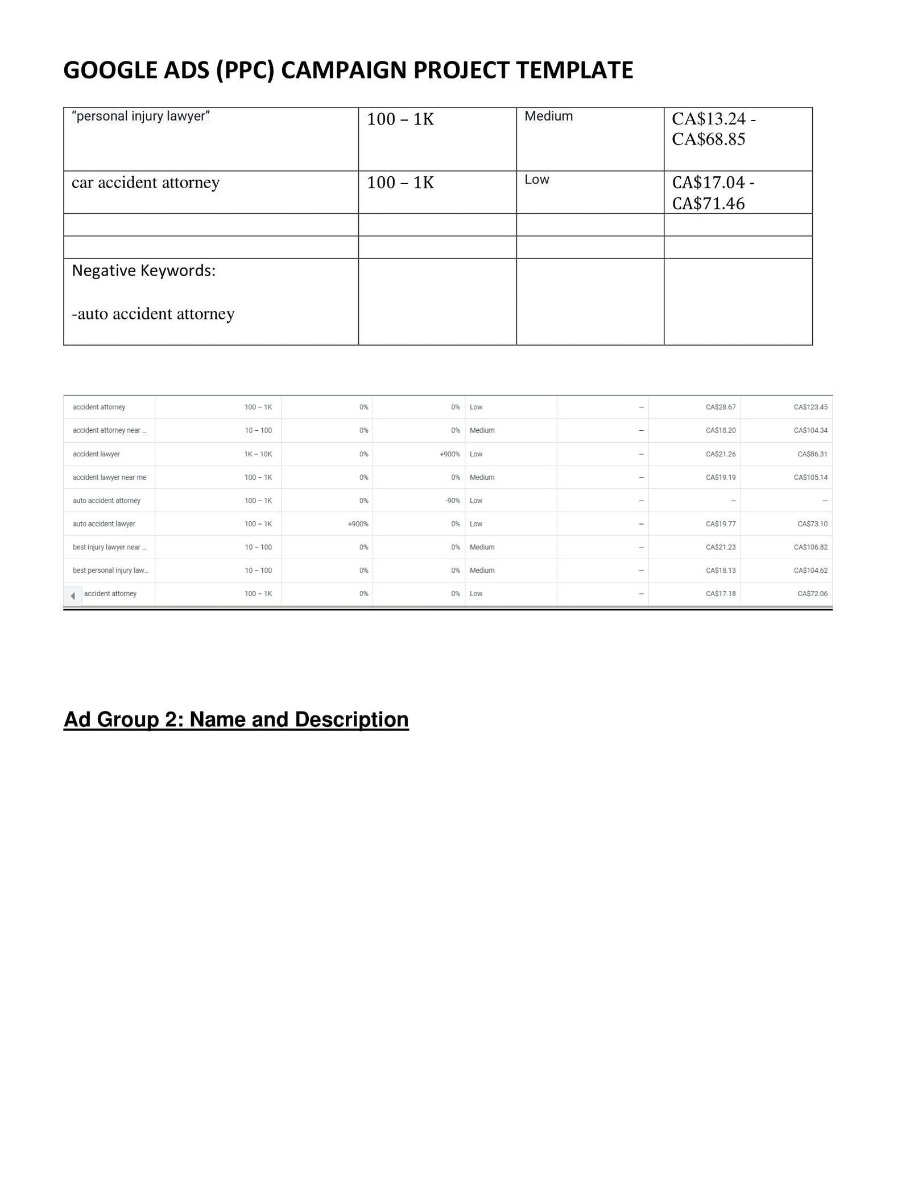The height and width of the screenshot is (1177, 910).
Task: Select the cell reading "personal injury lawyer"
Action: click(x=141, y=117)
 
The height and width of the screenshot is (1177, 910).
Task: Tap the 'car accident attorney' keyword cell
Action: click(x=146, y=182)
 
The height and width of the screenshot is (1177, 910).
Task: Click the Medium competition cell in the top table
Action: click(x=548, y=117)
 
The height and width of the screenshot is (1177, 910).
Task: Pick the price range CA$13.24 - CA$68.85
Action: click(x=713, y=129)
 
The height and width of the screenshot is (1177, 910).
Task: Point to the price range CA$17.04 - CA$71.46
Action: click(x=713, y=193)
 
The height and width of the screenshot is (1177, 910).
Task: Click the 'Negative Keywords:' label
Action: click(x=144, y=271)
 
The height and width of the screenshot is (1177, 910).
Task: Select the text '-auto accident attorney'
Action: click(x=153, y=314)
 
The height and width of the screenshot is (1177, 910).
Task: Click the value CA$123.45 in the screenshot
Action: click(x=810, y=407)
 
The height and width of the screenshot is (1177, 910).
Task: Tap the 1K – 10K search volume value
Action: click(x=258, y=454)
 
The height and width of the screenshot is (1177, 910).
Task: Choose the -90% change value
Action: click(x=453, y=501)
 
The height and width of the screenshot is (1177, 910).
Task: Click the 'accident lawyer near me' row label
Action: click(x=109, y=477)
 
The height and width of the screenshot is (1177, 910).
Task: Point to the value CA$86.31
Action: click(x=812, y=454)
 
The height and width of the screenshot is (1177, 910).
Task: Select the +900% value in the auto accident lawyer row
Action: click(x=358, y=524)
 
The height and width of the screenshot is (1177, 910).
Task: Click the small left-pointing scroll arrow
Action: click(x=73, y=596)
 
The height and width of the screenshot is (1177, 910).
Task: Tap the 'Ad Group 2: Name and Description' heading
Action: click(x=236, y=719)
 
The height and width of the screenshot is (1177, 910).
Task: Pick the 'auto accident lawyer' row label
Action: click(x=104, y=524)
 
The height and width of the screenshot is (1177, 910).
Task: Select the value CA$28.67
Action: click(x=721, y=407)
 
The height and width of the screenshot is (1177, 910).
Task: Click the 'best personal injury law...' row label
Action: click(x=110, y=571)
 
